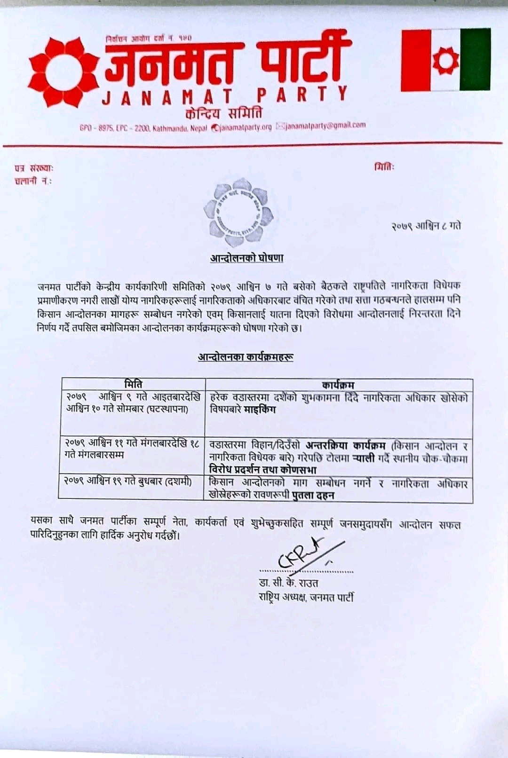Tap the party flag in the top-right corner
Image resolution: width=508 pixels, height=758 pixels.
(x=445, y=60)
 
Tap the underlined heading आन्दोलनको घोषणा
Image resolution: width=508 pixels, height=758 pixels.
(x=247, y=258)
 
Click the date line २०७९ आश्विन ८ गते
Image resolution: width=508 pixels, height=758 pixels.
(x=426, y=226)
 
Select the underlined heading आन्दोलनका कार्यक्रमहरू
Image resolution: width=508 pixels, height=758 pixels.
(x=246, y=357)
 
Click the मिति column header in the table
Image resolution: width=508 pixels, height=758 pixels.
(x=133, y=384)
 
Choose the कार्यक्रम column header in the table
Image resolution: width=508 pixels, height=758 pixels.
(x=338, y=385)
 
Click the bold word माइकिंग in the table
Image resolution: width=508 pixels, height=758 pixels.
(x=260, y=409)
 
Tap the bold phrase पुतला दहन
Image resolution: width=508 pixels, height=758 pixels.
(x=313, y=495)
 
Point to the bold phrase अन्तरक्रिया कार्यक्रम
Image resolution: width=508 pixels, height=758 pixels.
(x=346, y=445)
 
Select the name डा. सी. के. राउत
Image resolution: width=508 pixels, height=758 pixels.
(x=288, y=583)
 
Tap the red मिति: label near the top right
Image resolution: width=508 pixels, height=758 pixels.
(x=385, y=166)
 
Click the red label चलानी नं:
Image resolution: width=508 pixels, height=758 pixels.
(x=33, y=181)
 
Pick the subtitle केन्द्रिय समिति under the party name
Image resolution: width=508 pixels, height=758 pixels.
(x=224, y=113)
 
